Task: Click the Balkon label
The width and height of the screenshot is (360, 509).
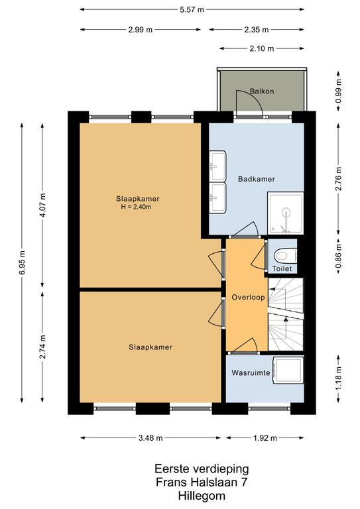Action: (x=262, y=91)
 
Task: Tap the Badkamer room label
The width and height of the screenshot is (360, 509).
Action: (x=257, y=179)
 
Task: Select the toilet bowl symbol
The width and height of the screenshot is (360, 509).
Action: (x=285, y=255)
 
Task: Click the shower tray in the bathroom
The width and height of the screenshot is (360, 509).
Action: (x=285, y=213)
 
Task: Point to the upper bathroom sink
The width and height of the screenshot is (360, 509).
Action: (x=217, y=166)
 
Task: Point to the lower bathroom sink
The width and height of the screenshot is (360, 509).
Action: (x=217, y=198)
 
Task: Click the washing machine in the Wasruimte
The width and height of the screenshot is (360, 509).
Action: (x=288, y=370)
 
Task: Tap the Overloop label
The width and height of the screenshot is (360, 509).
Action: (x=248, y=298)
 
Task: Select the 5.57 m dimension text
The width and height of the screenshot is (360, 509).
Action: (x=192, y=10)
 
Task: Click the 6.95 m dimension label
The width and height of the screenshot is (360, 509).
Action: (x=22, y=262)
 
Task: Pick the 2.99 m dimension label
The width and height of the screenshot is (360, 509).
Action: (x=141, y=30)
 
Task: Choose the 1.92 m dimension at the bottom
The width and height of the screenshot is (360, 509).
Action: (x=265, y=438)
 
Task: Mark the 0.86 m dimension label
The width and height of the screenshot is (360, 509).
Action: (x=339, y=256)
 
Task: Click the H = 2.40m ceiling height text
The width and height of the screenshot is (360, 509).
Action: (x=136, y=207)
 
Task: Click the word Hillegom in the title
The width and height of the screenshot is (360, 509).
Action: (x=202, y=496)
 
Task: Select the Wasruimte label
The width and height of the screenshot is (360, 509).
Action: (x=251, y=372)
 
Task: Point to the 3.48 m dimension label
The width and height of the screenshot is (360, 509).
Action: (x=150, y=438)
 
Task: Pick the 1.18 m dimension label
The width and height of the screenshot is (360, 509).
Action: (x=339, y=378)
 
